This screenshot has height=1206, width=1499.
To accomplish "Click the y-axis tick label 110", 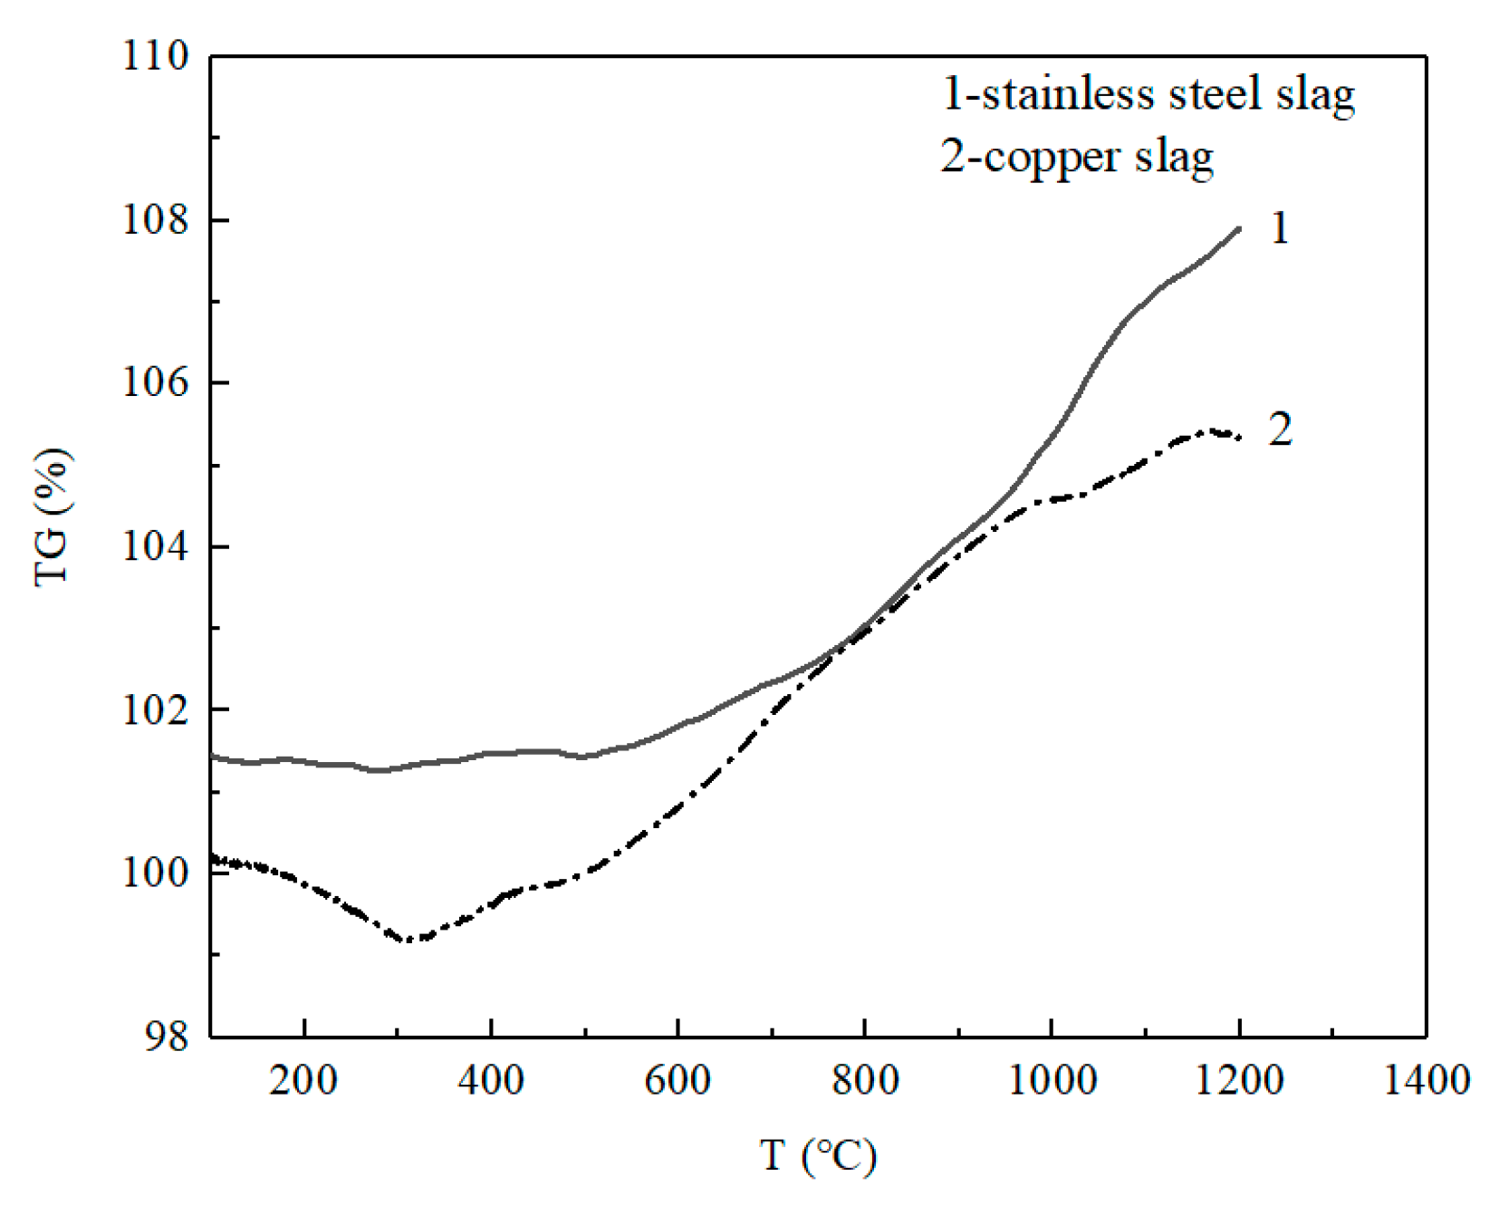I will click(x=156, y=56).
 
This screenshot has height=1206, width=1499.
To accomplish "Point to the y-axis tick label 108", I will click(x=156, y=220).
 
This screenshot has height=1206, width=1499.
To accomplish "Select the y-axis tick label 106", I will click(x=156, y=383).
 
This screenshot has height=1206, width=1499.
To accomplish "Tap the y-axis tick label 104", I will click(x=156, y=547).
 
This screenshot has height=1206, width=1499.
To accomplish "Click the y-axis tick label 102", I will click(x=156, y=709).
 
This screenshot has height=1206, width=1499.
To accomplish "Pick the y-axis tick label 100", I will click(x=156, y=873).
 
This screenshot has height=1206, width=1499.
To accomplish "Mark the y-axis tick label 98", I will click(x=167, y=1036).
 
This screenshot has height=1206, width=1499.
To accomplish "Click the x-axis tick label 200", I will click(x=303, y=1080).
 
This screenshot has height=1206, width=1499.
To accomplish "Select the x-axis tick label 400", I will click(x=490, y=1080).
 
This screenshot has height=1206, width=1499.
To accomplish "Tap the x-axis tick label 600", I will click(x=677, y=1080).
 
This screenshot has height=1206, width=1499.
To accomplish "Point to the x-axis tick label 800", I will click(x=865, y=1080).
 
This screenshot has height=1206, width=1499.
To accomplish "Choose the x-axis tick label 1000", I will click(x=1052, y=1080).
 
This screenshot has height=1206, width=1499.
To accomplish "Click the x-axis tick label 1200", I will click(x=1239, y=1080).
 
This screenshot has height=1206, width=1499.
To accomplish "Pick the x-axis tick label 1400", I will click(x=1426, y=1080).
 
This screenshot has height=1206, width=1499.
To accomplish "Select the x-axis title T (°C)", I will click(x=818, y=1156).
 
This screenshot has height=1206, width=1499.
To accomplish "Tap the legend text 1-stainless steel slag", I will click(x=1148, y=95).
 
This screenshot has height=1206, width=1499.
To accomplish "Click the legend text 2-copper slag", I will click(x=1077, y=158).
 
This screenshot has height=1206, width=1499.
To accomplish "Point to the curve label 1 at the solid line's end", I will click(x=1279, y=228).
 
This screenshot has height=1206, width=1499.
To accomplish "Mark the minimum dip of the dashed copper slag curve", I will click(x=408, y=940).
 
